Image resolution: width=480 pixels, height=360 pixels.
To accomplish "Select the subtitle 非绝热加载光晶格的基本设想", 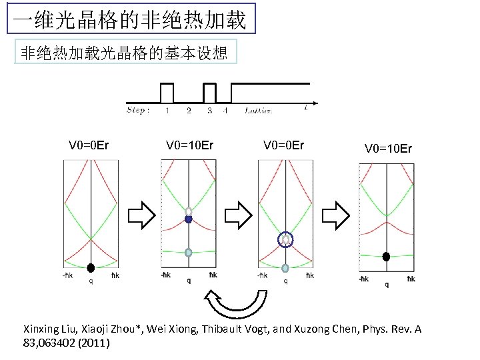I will [x=124, y=53].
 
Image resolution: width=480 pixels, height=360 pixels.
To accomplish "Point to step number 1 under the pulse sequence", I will [x=167, y=111].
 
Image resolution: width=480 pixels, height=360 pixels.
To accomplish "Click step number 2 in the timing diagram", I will [x=189, y=111].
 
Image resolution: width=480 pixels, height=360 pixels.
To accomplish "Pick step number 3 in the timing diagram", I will [x=209, y=111].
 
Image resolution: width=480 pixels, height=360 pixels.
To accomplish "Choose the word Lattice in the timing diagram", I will [x=259, y=111].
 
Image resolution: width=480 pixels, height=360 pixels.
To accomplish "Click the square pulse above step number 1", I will [x=167, y=93].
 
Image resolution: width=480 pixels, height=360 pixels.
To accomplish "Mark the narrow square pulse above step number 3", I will [x=209, y=93].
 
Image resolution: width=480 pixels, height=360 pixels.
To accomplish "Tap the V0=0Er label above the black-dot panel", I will [x=89, y=145].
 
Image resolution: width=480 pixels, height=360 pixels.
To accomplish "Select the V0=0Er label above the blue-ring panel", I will [x=283, y=145].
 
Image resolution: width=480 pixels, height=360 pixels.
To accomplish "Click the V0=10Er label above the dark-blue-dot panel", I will [x=189, y=145].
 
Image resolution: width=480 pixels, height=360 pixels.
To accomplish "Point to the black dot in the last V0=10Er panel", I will [x=386, y=257].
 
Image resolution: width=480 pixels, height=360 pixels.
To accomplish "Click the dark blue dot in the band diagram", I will [x=189, y=219].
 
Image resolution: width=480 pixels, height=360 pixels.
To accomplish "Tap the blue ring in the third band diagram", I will [x=285, y=239].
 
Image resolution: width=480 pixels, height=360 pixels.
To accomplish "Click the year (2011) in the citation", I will [x=95, y=343].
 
